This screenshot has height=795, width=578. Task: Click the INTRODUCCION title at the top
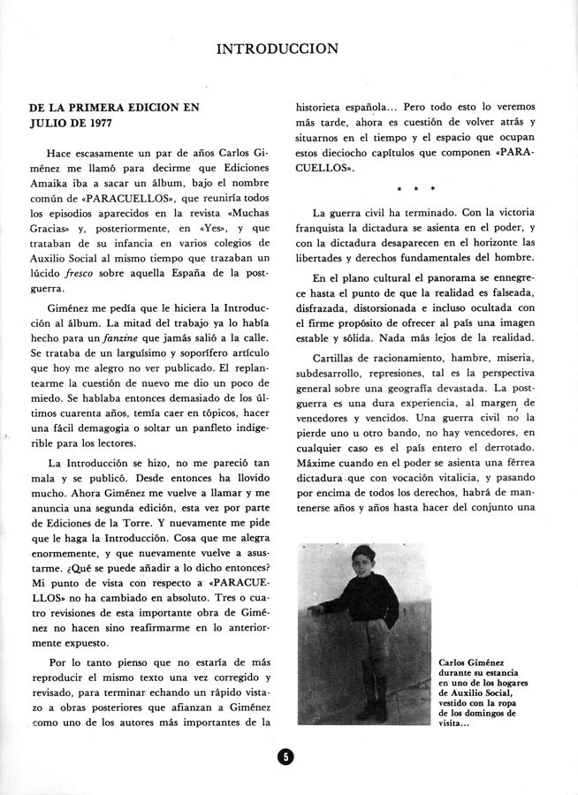289,49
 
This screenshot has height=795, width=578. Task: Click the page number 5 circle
285,758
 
